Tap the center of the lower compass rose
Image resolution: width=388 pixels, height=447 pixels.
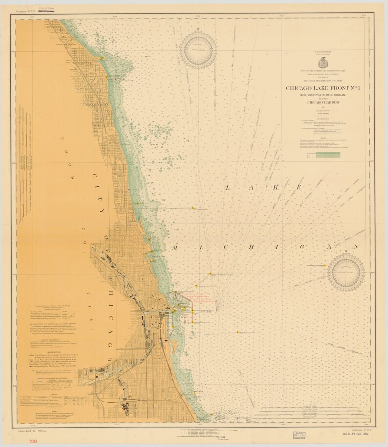pos(346,272)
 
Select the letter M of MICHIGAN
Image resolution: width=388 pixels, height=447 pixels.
pos(175,247)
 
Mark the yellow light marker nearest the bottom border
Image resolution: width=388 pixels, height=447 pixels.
pos(212,415)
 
